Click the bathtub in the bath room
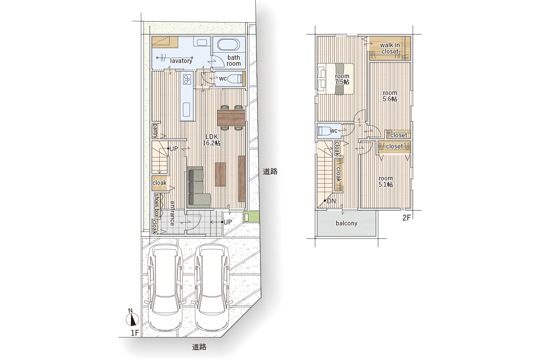tap(228, 45)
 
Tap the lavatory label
tap(181, 61)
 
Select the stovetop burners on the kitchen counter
tap(187, 79)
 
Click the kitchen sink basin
tap(186, 109)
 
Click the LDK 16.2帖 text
tap(211, 140)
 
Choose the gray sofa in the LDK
tap(198, 187)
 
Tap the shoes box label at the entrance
tap(157, 205)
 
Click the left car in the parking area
tap(165, 288)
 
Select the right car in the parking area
tap(212, 288)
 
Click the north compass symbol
tap(132, 319)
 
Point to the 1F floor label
tap(135, 333)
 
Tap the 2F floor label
tap(406, 218)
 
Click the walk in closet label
tap(390, 48)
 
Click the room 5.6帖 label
tap(390, 96)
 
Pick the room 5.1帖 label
tap(386, 181)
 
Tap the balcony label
tap(346, 223)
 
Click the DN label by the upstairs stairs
tap(331, 201)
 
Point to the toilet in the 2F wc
tap(324, 131)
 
